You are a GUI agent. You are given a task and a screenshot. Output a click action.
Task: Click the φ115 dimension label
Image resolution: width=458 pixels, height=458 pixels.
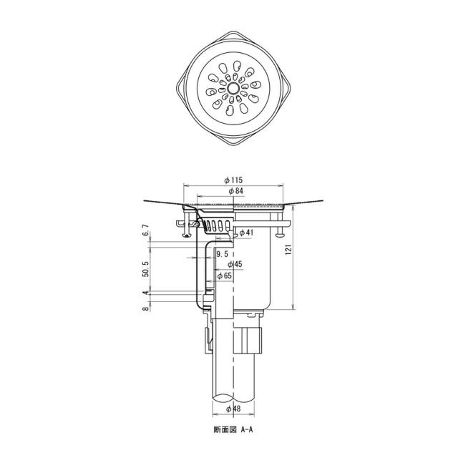point(233,180)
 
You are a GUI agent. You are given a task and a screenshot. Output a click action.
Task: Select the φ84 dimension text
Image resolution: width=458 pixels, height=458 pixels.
point(236,191)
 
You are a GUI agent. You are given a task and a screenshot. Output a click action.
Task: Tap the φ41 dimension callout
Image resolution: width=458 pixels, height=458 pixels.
point(246,233)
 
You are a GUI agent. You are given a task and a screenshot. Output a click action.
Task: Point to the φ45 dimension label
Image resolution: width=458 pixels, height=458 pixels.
point(235,264)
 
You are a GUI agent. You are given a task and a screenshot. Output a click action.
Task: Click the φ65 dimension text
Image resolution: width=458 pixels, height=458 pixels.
point(224,276)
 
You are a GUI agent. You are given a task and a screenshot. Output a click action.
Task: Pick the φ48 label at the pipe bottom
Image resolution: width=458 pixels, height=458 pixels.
point(234,409)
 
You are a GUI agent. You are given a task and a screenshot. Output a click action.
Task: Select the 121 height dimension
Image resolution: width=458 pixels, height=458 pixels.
point(289,250)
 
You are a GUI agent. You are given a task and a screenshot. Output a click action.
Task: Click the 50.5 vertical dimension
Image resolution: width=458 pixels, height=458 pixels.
point(146,269)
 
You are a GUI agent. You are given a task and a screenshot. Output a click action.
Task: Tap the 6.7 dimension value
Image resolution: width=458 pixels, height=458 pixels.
point(146,230)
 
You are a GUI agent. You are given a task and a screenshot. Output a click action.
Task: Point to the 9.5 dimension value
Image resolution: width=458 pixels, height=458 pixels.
point(222,254)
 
